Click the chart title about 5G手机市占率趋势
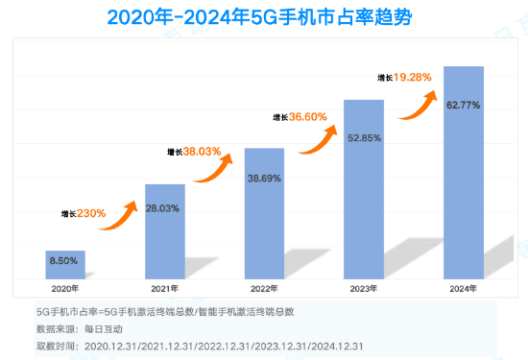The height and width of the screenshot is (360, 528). [264, 17]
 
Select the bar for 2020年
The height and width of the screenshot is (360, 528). [65, 264]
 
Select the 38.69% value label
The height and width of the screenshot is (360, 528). [265, 179]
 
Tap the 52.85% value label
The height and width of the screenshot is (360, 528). [364, 138]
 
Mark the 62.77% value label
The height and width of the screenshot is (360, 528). [464, 106]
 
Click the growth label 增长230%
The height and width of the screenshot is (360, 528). [84, 213]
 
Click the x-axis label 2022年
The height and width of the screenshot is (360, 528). [265, 287]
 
